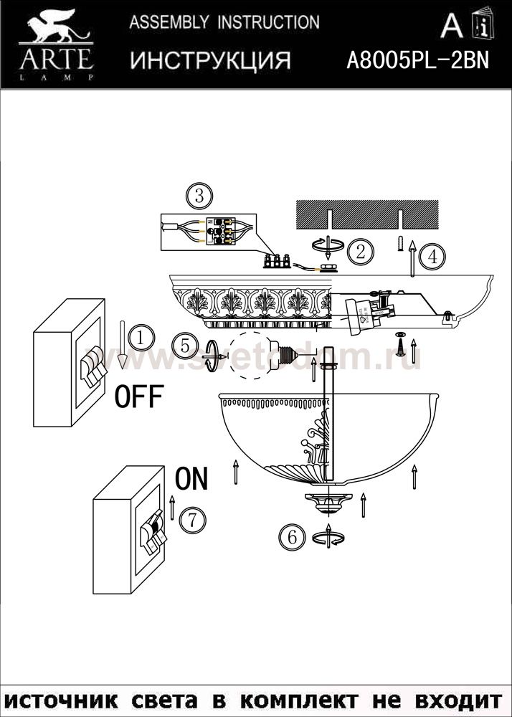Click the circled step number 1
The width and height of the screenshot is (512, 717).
click(x=142, y=336)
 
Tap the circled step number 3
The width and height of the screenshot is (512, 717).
click(x=199, y=195)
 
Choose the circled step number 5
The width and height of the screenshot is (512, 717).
click(x=184, y=346)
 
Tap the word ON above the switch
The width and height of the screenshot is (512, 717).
click(x=191, y=479)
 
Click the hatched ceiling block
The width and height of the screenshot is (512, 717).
click(x=366, y=213)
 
